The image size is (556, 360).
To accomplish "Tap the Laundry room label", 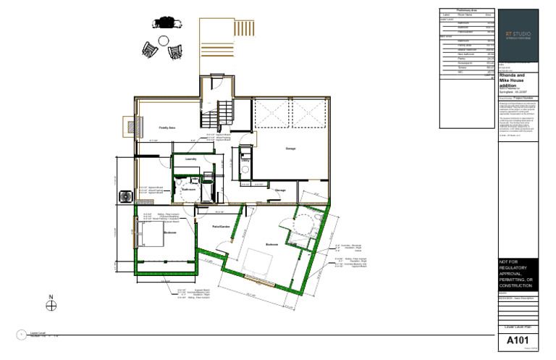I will [191, 159].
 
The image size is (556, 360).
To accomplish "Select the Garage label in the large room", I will [290, 148].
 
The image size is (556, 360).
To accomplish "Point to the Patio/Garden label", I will [222, 227].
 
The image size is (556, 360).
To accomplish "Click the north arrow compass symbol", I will [51, 306].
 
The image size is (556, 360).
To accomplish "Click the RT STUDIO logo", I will [518, 34].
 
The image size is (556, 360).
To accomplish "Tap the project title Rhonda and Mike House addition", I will [517, 80].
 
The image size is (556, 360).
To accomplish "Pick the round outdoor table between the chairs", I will [164, 41].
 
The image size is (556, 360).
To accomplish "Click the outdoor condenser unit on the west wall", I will [124, 196].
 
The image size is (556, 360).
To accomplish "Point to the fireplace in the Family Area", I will [132, 127].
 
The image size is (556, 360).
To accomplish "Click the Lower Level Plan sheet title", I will [518, 328].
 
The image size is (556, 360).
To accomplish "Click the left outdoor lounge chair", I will [150, 50].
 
